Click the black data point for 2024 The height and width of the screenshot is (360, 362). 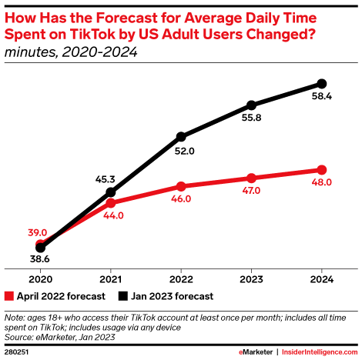click(322, 83)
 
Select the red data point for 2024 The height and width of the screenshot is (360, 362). click(322, 170)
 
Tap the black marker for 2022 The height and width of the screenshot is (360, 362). click(181, 136)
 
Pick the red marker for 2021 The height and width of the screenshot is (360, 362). click(111, 203)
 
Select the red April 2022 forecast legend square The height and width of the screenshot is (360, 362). click(9, 295)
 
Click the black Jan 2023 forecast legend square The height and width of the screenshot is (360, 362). click(122, 295)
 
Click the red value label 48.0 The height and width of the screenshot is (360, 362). click(322, 183)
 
